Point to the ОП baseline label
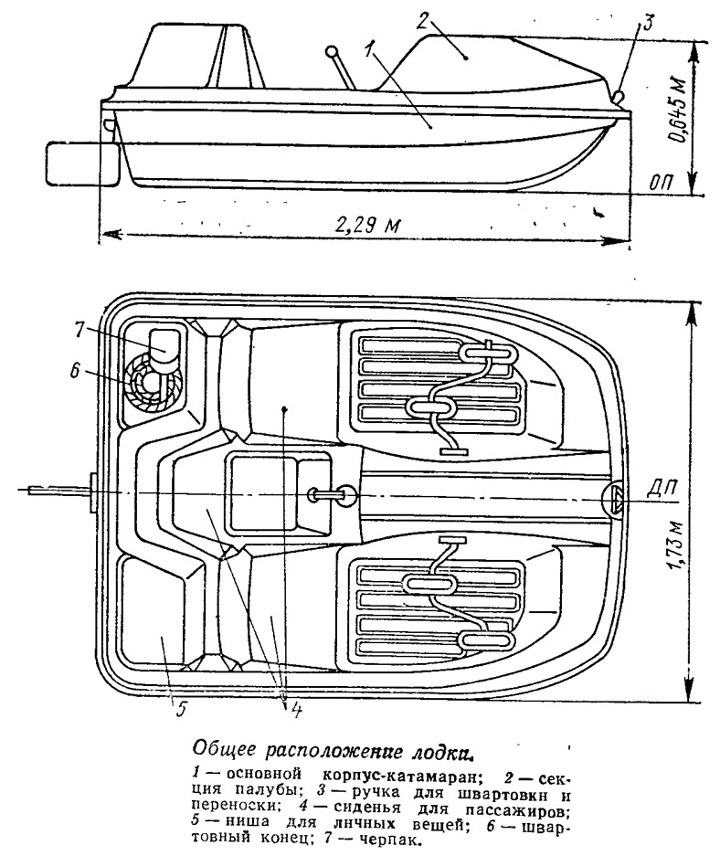662,181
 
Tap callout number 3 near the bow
648,24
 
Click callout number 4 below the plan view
295,710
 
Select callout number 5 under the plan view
180,709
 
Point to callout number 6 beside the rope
76,370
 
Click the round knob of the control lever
331,52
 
